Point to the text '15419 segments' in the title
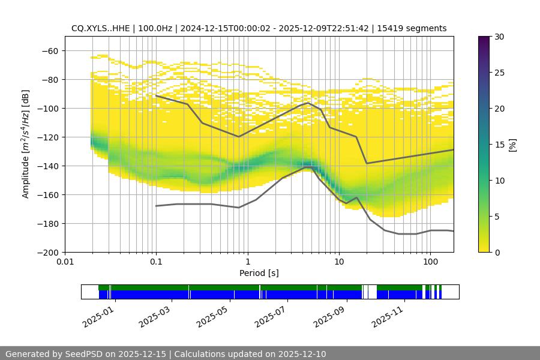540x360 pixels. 417,28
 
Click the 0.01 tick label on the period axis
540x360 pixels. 65,262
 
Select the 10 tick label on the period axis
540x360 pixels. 338,262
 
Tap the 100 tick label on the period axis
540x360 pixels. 430,262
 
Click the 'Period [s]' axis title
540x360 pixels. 259,274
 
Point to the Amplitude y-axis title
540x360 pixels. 26,144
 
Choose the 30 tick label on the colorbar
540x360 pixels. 499,37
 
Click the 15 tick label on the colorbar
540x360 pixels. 499,145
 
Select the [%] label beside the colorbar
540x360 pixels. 512,145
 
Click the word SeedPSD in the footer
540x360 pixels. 84,354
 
